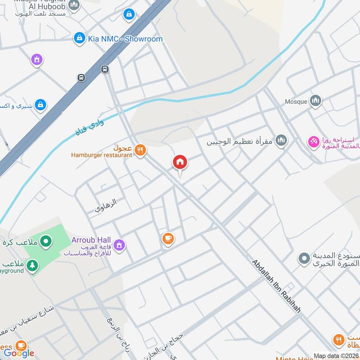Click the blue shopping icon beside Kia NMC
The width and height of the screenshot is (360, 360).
[79, 38]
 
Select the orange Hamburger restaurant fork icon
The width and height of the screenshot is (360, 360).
[140, 150]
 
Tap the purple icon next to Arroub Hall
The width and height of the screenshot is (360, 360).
[120, 245]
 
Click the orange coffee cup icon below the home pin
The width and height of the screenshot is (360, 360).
[168, 239]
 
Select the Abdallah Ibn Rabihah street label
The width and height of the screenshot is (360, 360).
[276, 286]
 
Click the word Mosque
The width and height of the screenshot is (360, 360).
[296, 102]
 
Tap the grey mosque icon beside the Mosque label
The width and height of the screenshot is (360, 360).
[316, 100]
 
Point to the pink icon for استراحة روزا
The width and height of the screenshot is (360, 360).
[313, 142]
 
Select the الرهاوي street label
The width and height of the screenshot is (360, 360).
[106, 206]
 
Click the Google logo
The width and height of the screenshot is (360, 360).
[19, 353]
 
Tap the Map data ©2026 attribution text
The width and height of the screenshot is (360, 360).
[336, 356]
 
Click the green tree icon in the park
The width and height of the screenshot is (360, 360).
[32, 265]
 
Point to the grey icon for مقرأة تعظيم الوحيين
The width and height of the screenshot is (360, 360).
[282, 141]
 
